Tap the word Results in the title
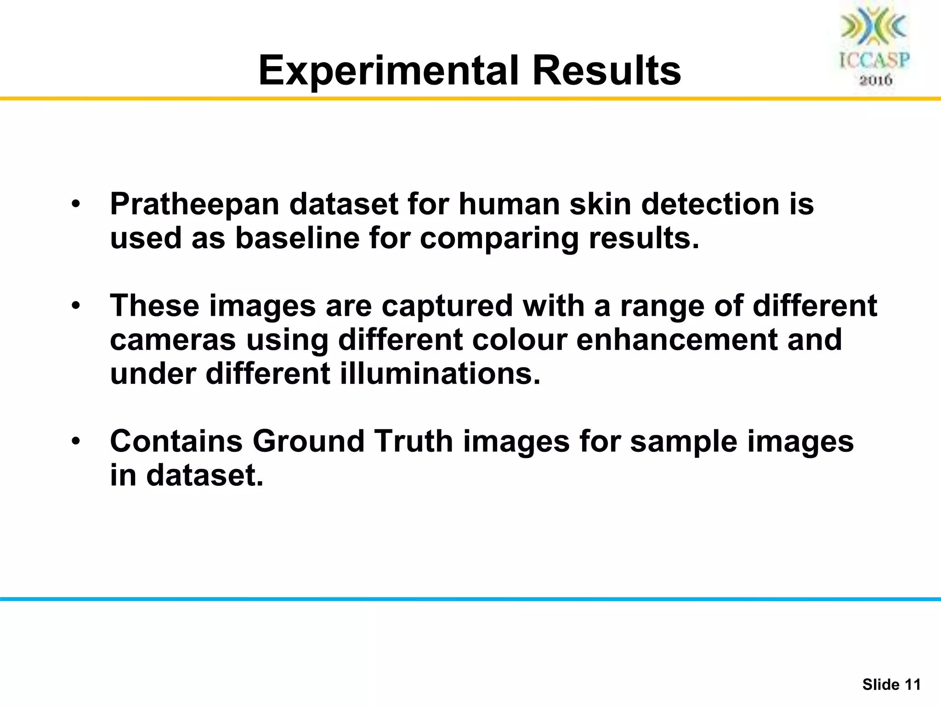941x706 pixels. coord(607,71)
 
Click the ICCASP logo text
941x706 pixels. coord(874,61)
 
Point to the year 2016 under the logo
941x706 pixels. coord(875,80)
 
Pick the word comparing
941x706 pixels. coord(499,239)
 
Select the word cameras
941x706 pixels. coord(173,340)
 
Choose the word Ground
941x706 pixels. coord(308,441)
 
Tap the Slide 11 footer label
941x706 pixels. coord(891,685)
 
